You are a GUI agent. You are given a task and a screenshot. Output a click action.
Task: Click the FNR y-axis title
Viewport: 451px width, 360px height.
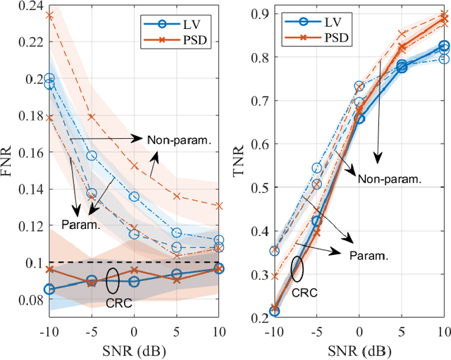pos(8,159)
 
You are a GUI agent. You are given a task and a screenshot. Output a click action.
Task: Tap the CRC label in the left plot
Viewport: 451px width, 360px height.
pos(118,303)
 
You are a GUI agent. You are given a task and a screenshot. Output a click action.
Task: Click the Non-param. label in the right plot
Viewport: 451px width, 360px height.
pos(389,179)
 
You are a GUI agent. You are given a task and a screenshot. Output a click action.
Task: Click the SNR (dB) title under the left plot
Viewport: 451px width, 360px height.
pos(134,351)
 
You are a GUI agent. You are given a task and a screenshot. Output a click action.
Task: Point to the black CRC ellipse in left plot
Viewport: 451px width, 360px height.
pos(113,280)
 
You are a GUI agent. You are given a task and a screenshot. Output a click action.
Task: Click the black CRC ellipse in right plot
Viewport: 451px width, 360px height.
pos(297,268)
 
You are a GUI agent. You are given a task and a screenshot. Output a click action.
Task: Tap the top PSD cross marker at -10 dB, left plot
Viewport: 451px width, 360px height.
pos(49,15)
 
